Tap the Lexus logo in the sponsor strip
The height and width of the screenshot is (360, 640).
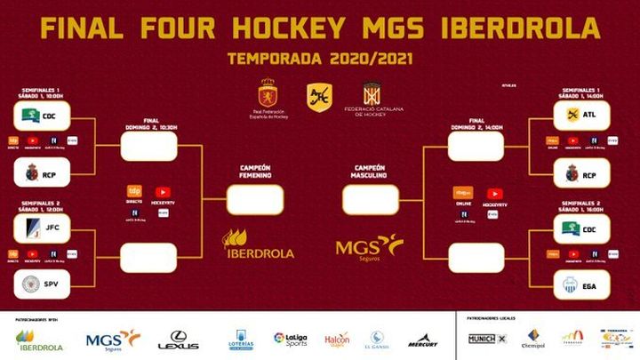coord(178,339)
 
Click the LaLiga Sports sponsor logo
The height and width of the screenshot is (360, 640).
coord(290,339)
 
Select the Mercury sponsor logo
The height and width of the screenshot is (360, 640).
coord(423,340)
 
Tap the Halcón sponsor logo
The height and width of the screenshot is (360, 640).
coord(337,339)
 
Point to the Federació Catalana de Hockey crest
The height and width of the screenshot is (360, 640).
coord(371,98)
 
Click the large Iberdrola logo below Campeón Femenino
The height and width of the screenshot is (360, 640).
coord(258,244)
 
